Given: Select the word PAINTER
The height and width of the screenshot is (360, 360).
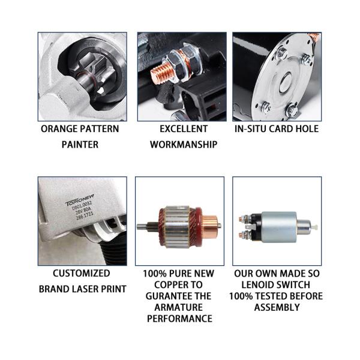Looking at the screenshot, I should [80, 145].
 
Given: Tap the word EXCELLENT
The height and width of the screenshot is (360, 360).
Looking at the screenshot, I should [184, 129].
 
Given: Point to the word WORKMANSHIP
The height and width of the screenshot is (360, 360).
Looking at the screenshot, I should [183, 145].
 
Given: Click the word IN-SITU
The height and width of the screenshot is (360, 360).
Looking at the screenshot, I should [251, 129].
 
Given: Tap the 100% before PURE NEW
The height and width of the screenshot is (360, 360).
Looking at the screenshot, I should [155, 273].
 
